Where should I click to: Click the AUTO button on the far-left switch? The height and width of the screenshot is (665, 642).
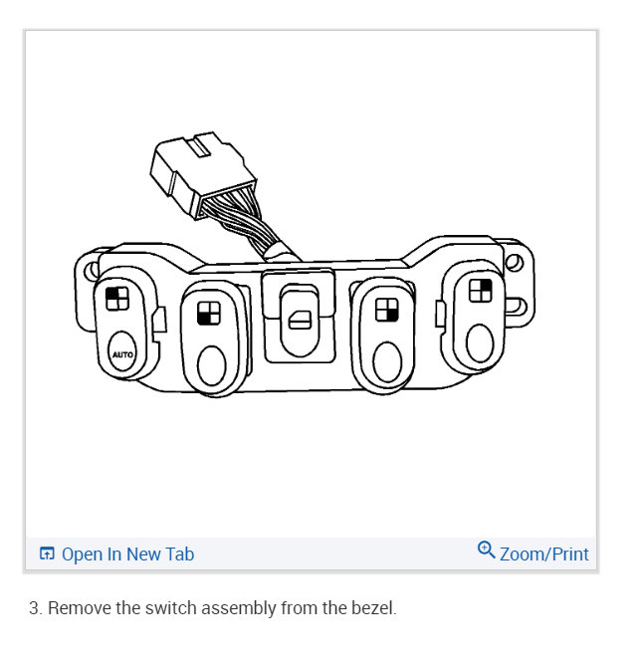[x=120, y=352]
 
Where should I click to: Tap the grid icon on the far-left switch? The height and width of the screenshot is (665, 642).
[x=115, y=299]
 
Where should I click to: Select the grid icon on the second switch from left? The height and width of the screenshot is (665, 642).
[x=209, y=313]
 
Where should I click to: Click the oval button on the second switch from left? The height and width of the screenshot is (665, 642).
[x=212, y=366]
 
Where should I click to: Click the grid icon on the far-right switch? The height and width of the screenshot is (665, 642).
[x=481, y=290]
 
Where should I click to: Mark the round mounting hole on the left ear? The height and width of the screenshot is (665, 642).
[x=89, y=271]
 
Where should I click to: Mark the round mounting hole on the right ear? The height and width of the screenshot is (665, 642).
[x=514, y=264]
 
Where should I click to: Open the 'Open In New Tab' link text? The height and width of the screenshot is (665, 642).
[x=127, y=554]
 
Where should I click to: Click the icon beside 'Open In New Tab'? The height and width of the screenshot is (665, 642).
[x=47, y=554]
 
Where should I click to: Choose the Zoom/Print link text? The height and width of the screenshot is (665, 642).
[x=543, y=554]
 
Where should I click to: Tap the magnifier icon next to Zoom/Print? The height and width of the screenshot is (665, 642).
[x=486, y=550]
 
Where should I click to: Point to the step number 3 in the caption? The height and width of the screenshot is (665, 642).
[x=34, y=607]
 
